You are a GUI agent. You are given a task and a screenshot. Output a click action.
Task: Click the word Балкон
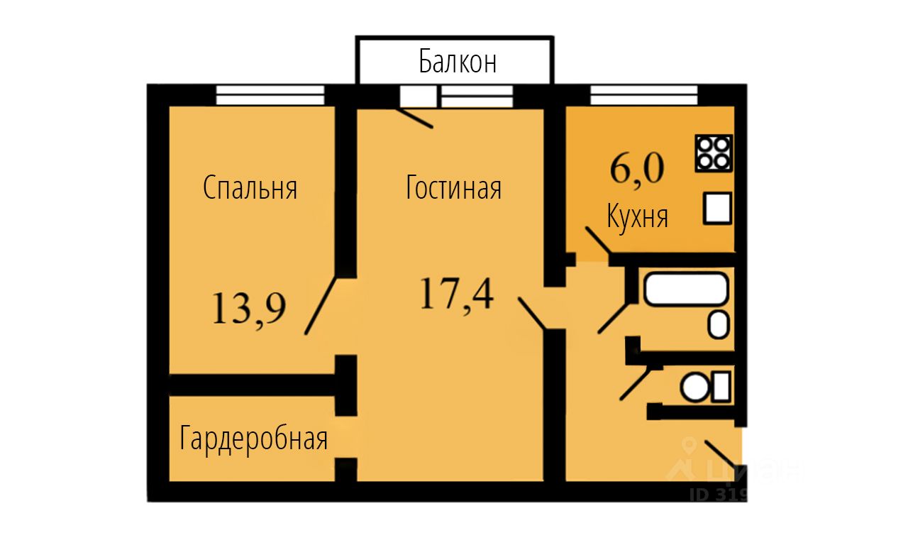[457, 62]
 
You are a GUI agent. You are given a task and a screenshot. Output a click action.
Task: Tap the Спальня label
[250, 189]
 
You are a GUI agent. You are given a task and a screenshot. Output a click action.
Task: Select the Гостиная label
[454, 189]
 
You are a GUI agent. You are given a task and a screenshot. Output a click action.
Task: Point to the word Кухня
[637, 216]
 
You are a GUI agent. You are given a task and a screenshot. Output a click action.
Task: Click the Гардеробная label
[254, 439]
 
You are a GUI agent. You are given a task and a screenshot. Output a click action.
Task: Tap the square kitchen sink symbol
[717, 209]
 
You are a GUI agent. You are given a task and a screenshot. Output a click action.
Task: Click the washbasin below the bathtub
[719, 325]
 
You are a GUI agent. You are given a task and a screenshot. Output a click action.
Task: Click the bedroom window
[270, 95]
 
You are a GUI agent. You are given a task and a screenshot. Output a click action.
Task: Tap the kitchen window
[643, 95]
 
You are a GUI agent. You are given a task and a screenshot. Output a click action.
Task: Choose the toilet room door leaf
[636, 383]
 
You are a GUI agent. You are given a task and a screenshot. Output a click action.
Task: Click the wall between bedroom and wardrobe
[252, 384]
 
